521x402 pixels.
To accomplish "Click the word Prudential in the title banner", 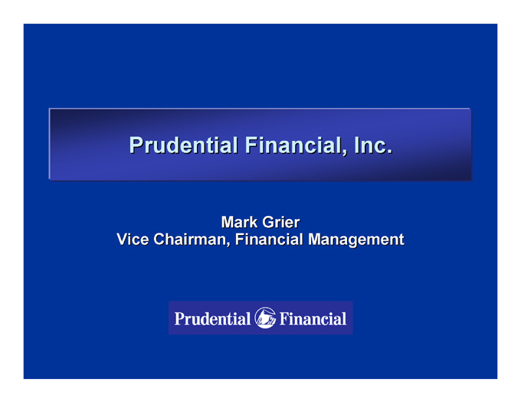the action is pos(183,145).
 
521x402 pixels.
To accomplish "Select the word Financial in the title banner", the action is pos(295,145).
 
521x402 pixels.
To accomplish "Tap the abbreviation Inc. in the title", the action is pos(373,145).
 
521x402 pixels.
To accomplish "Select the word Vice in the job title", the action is pos(133,240).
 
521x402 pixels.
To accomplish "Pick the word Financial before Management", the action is pos(269,240).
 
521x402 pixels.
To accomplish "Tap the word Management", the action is pos(356,240).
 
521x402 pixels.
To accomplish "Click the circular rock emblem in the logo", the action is pos(265,318).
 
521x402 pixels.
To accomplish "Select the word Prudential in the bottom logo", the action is pos(212,319).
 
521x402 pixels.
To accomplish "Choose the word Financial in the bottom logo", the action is pos(313,319).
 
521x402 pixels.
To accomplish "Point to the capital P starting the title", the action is pos(136,145).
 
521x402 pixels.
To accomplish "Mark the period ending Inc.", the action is pos(389,152).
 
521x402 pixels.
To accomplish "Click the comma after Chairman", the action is pos(228,245).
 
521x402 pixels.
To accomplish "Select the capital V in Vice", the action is pos(123,240).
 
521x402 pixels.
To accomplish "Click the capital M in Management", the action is pos(315,240).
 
